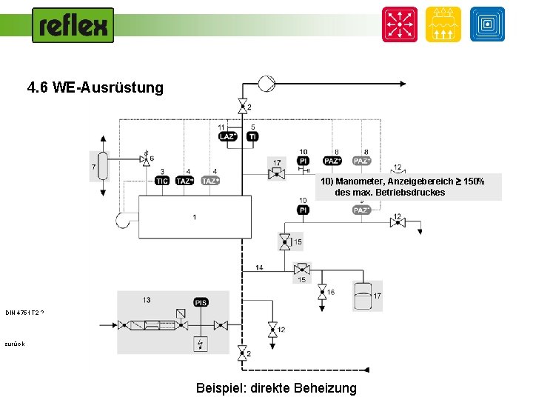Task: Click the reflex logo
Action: [73, 25]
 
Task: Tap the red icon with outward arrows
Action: [399, 24]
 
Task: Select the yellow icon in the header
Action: [443, 24]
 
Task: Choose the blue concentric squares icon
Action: [487, 24]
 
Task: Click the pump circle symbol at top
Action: [266, 84]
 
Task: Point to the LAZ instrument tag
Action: [227, 136]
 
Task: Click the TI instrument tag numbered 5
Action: [252, 136]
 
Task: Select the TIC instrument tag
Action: [162, 181]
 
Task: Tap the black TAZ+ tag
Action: [185, 181]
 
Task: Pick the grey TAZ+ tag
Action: [211, 181]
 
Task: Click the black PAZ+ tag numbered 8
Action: [333, 161]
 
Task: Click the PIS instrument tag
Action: [201, 302]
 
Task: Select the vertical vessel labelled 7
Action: [104, 166]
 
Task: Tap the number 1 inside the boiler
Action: [194, 217]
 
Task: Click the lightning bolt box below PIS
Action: [201, 344]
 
